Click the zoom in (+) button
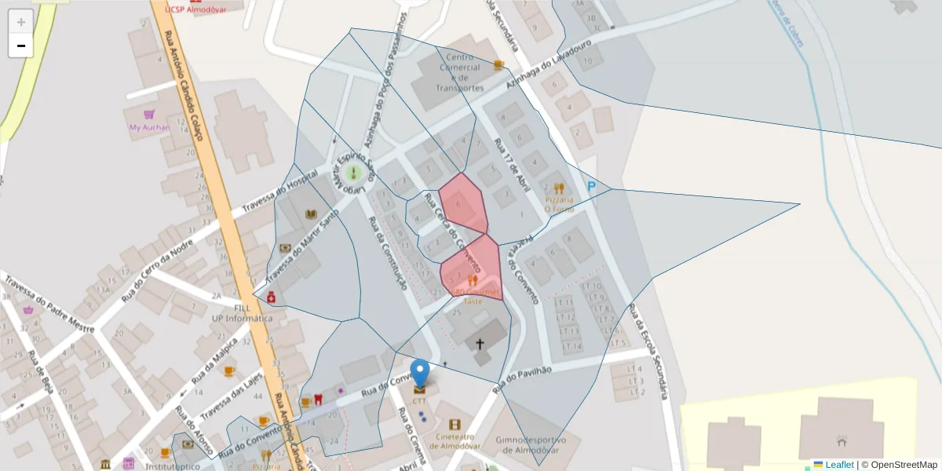point(21,22)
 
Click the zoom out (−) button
point(21,46)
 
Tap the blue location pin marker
point(421,374)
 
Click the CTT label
point(421,400)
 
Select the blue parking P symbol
point(591,186)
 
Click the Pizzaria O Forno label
point(559,205)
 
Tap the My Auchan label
point(150,127)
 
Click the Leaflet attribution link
point(838,465)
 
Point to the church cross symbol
point(480,344)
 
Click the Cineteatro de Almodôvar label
point(455,440)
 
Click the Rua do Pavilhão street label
point(523,379)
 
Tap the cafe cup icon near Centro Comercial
point(498,65)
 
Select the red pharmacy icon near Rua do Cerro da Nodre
point(271,297)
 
